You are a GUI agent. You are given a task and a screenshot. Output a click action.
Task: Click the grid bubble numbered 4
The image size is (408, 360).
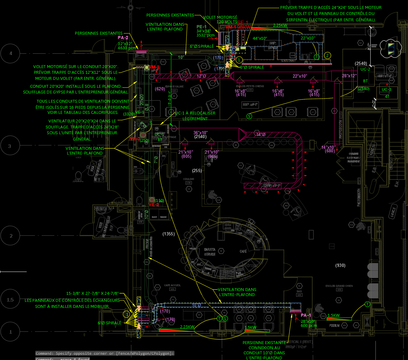(x=10, y=53)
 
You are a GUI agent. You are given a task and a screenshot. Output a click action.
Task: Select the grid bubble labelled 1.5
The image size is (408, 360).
(x=10, y=300)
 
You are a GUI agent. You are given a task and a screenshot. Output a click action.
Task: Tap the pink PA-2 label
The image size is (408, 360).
(x=123, y=38)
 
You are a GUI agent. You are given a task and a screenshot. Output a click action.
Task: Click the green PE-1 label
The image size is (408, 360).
(x=201, y=27)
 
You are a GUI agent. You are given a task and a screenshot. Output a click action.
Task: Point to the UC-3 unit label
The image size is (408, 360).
(x=386, y=90)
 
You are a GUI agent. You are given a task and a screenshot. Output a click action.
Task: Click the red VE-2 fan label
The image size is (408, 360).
(x=154, y=204)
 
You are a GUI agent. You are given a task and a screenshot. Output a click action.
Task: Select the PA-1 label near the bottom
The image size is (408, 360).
(x=306, y=315)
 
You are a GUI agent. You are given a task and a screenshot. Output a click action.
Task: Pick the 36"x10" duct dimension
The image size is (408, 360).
(x=201, y=133)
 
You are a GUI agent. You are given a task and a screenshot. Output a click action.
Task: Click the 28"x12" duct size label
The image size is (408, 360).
(x=349, y=76)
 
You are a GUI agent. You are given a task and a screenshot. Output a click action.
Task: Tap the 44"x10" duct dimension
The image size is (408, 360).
(x=260, y=38)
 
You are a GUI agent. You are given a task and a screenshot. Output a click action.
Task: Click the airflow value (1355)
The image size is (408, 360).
(x=168, y=234)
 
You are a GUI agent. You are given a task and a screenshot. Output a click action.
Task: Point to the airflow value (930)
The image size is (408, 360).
(x=340, y=265)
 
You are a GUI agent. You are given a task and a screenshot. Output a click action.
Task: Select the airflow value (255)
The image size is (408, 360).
(x=197, y=171)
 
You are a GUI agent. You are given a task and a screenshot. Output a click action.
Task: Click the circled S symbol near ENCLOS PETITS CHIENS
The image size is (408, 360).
(x=249, y=116)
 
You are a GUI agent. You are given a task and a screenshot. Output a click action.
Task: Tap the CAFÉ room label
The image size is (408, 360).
(x=243, y=252)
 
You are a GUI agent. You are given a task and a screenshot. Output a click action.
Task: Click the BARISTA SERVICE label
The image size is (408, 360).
(x=210, y=252)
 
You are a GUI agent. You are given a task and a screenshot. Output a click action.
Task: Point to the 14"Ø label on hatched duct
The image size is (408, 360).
(x=261, y=135)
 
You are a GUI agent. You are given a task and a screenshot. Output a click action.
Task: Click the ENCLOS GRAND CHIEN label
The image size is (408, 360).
(x=339, y=286)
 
